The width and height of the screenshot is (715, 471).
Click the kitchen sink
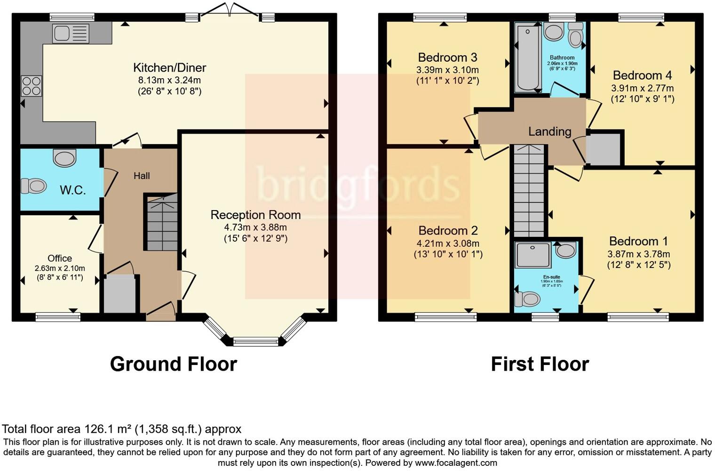(71, 33)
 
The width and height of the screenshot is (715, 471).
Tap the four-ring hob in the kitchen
(31, 86)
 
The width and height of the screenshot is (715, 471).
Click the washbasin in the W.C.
(64, 158)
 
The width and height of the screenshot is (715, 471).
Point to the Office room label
(60, 258)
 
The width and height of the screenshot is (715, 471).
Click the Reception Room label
(255, 215)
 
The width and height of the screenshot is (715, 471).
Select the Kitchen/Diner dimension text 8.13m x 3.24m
(169, 80)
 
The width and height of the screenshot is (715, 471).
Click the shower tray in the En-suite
(533, 255)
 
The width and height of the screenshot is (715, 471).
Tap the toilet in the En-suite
(527, 299)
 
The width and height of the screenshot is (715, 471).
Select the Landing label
(549, 131)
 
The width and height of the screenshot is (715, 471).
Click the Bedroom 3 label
(447, 57)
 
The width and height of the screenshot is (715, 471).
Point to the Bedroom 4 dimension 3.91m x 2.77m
(642, 88)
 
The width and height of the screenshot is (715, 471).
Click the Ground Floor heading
(173, 364)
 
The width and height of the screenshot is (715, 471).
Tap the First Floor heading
(540, 364)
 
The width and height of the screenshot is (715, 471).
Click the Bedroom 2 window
(445, 317)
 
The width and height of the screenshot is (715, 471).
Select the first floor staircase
(529, 191)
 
